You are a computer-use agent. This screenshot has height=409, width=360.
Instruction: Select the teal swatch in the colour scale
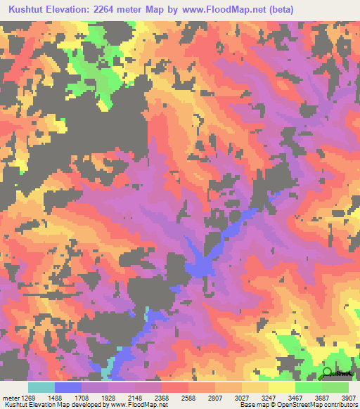(x=41, y=387)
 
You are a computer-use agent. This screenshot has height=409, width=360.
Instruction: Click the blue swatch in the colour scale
(x=68, y=387)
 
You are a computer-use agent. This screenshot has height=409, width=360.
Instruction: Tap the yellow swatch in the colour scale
(x=281, y=387)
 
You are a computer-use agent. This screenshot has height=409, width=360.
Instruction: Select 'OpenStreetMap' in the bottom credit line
(x=287, y=404)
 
